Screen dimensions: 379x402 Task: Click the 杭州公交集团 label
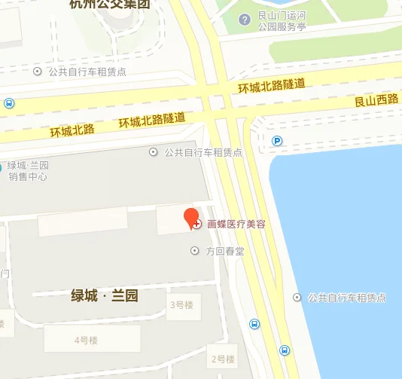109,5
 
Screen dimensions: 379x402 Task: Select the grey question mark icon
245,20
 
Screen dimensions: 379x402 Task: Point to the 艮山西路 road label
376,99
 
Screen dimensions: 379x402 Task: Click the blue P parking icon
277,140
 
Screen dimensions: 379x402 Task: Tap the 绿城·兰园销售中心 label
28,171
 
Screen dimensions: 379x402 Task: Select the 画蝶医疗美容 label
236,225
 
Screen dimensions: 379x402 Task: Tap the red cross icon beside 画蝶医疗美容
197,225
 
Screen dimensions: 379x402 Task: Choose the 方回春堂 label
225,251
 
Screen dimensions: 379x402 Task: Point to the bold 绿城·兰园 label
105,295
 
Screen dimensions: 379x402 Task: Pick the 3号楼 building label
182,304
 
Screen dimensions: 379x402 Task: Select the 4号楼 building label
86,341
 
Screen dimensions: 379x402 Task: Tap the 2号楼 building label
224,359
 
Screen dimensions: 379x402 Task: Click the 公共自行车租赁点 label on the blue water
346,298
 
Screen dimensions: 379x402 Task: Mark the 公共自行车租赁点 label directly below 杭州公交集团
87,72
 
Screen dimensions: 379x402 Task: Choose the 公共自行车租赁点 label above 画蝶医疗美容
203,151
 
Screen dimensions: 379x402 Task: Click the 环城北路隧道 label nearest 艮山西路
271,85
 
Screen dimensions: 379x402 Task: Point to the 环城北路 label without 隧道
72,130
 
